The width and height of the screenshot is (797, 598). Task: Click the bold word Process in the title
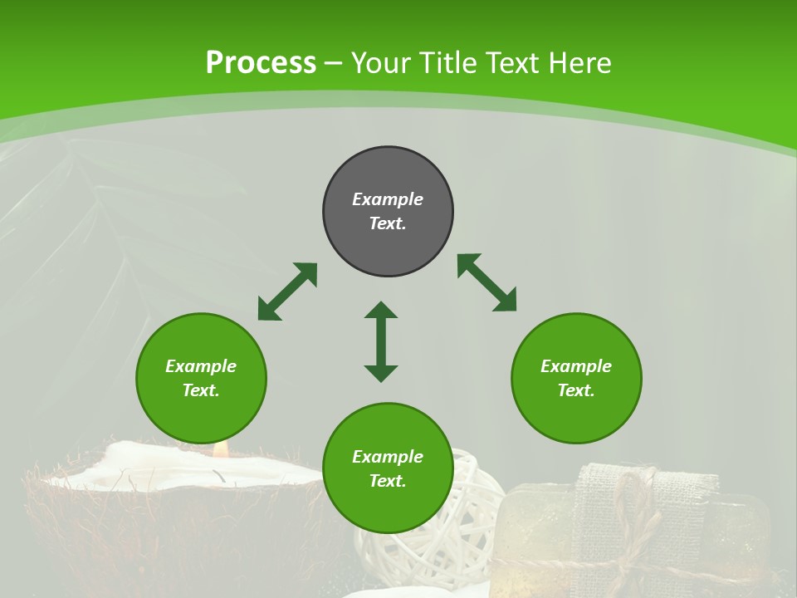[261, 63]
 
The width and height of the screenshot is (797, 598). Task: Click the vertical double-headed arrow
[381, 341]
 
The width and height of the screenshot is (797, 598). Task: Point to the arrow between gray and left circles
[287, 292]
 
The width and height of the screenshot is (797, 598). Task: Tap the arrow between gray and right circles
[487, 282]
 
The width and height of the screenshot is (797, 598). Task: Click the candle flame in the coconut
[220, 449]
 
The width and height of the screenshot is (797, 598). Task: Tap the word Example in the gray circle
[388, 199]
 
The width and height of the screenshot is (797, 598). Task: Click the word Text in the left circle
[201, 390]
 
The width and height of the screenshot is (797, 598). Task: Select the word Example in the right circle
[576, 366]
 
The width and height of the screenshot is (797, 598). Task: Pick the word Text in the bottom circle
[388, 481]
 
